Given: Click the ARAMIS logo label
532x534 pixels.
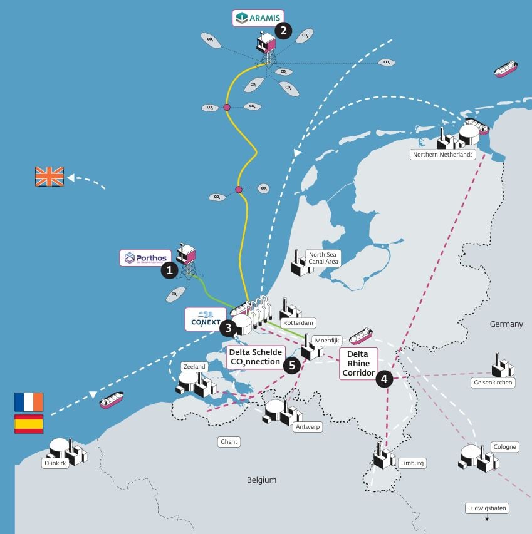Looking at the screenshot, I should click(x=258, y=18).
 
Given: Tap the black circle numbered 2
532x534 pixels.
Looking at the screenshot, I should click(x=284, y=31).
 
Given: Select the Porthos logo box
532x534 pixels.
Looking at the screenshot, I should click(x=145, y=258).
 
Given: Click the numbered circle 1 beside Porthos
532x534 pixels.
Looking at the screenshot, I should click(x=168, y=270).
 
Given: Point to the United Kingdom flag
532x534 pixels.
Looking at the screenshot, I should click(x=50, y=176).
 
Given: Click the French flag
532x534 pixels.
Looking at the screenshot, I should click(x=29, y=402).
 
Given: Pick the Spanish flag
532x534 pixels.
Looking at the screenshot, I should click(x=29, y=424).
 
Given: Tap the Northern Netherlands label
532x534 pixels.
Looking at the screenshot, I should click(x=442, y=154).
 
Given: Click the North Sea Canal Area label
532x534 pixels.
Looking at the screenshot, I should click(x=323, y=258).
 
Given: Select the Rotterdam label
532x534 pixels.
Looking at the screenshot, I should click(x=298, y=323).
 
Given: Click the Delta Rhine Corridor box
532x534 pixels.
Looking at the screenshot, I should click(x=358, y=364).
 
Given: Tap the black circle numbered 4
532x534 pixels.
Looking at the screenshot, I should click(x=383, y=377).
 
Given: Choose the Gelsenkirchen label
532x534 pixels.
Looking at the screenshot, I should click(x=493, y=382).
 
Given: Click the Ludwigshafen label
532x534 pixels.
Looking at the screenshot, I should click(x=487, y=508).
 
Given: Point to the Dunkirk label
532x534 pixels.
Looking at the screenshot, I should click(x=55, y=463).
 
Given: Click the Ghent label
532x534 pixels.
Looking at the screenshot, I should click(x=229, y=442).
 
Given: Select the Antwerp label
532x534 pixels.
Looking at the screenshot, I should click(x=307, y=427).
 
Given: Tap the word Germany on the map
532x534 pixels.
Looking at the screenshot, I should click(x=507, y=324).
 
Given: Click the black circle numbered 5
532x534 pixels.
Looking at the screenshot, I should click(x=291, y=365).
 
